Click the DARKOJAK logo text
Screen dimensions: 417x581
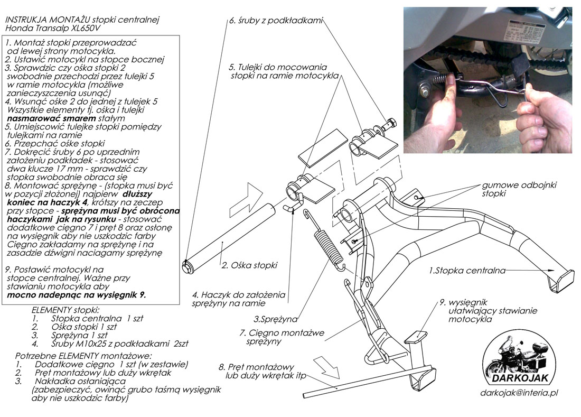tap(520, 378)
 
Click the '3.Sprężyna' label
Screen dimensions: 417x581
tap(275, 319)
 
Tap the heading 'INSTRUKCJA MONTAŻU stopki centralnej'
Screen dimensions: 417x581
tap(82, 20)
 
